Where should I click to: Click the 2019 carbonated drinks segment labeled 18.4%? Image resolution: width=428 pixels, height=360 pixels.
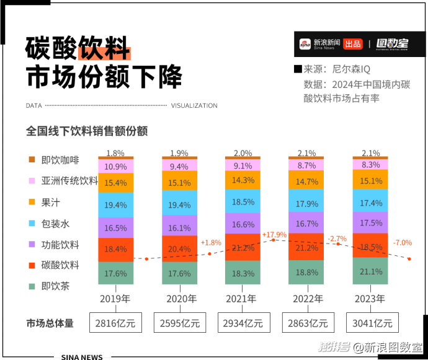(x=116, y=249)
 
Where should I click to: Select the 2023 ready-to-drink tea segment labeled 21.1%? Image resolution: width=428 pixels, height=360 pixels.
(x=370, y=271)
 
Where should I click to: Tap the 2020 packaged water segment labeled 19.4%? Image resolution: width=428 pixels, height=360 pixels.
(x=180, y=204)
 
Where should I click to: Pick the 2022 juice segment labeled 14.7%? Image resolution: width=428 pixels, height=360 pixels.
(x=306, y=182)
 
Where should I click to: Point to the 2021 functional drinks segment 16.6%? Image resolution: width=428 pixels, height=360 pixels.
(x=243, y=224)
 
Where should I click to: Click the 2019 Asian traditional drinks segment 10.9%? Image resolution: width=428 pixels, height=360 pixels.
(x=116, y=167)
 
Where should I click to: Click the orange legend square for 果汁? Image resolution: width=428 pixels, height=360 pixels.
(x=32, y=202)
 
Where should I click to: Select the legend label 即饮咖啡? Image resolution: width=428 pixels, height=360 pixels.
(x=60, y=160)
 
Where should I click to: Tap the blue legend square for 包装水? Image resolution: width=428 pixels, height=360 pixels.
(x=32, y=223)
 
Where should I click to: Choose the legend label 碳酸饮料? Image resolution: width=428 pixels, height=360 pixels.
(x=60, y=265)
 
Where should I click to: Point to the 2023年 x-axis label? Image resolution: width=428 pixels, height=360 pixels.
(x=370, y=299)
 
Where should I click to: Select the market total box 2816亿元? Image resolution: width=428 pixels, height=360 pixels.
(x=116, y=323)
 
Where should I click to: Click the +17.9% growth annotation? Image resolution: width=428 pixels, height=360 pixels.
(x=274, y=235)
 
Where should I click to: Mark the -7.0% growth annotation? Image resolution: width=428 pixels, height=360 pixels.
(x=402, y=242)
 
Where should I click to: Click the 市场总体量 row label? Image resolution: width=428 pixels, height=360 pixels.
(x=50, y=323)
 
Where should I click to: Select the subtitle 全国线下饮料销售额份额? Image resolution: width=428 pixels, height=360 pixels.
(x=87, y=131)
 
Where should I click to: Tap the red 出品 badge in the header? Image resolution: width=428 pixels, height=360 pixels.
(x=352, y=44)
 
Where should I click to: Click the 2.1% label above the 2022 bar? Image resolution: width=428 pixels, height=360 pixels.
(x=306, y=153)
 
